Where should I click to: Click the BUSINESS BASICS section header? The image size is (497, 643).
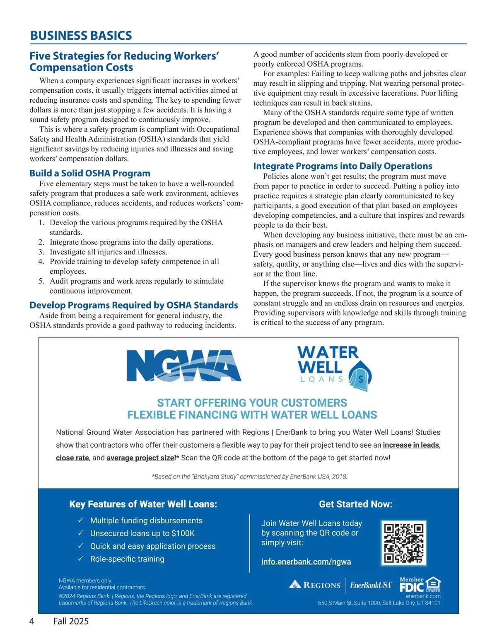click(x=81, y=36)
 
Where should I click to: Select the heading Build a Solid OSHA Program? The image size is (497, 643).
click(x=89, y=173)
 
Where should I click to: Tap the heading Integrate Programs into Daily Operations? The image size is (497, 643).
click(x=343, y=166)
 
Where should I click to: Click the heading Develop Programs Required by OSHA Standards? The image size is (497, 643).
click(x=133, y=305)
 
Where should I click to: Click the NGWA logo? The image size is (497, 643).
click(x=183, y=365)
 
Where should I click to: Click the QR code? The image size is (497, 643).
click(x=403, y=543)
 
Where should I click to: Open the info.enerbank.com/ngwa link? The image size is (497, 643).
click(x=306, y=562)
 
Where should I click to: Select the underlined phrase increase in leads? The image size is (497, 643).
click(x=410, y=445)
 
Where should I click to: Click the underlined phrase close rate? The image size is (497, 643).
click(x=72, y=458)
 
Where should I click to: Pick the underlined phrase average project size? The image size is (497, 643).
click(x=141, y=458)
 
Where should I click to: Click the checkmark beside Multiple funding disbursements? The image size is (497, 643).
click(x=81, y=520)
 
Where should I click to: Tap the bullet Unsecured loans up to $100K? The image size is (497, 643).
click(x=142, y=533)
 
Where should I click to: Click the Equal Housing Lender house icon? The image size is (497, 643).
click(x=433, y=584)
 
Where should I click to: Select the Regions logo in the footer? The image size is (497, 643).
click(x=315, y=585)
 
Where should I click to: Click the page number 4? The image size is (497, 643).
click(x=32, y=621)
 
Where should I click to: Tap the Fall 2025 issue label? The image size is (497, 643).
click(x=71, y=621)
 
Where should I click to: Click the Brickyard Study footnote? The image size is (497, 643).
click(x=249, y=477)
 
